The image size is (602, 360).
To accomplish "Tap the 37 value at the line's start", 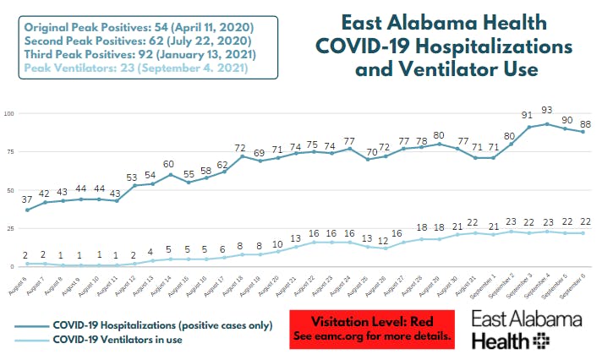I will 29,198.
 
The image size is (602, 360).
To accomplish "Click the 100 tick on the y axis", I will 8,114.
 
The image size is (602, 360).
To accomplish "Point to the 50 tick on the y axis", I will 10,190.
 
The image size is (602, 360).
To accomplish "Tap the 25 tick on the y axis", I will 10,228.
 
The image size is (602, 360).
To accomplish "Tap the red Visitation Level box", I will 371,329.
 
